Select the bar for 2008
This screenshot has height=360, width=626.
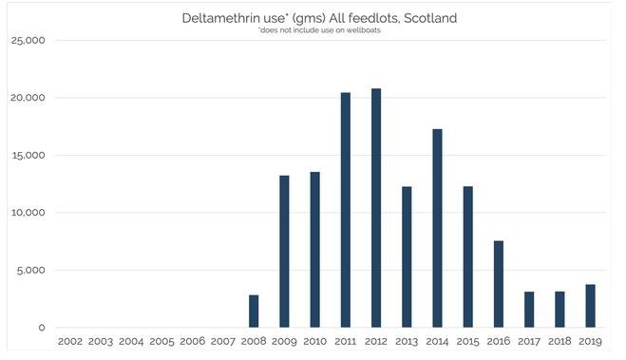254,311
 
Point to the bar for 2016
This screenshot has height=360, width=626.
499,284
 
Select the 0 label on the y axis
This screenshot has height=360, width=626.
42,328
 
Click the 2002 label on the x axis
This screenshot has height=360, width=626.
70,341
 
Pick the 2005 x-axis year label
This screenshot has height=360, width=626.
162,341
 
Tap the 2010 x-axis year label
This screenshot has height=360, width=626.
315,341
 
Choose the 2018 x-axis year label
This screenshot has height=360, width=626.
560,341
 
